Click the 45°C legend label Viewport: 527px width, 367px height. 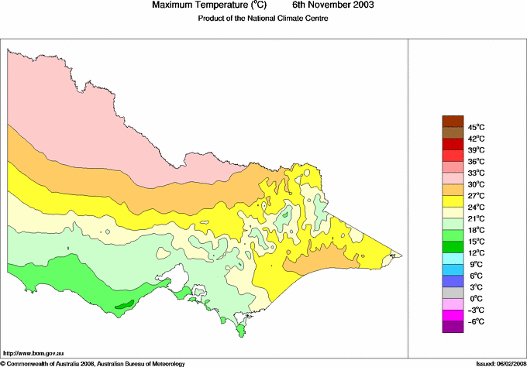[x=475, y=127]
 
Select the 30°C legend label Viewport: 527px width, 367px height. [x=475, y=184]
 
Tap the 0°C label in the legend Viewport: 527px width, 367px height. [x=475, y=298]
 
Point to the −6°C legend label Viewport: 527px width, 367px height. [x=475, y=321]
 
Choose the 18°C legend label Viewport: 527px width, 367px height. [x=475, y=230]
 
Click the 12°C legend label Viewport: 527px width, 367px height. [x=475, y=252]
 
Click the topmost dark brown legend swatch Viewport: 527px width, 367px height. [x=452, y=121]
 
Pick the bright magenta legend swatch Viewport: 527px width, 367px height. [x=452, y=315]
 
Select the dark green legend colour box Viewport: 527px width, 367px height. [x=452, y=246]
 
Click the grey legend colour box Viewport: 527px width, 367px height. [x=452, y=293]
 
